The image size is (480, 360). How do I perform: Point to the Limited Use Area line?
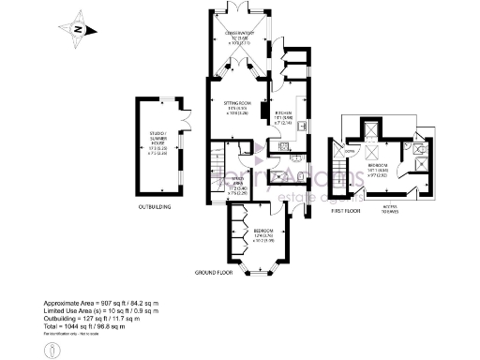105,314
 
